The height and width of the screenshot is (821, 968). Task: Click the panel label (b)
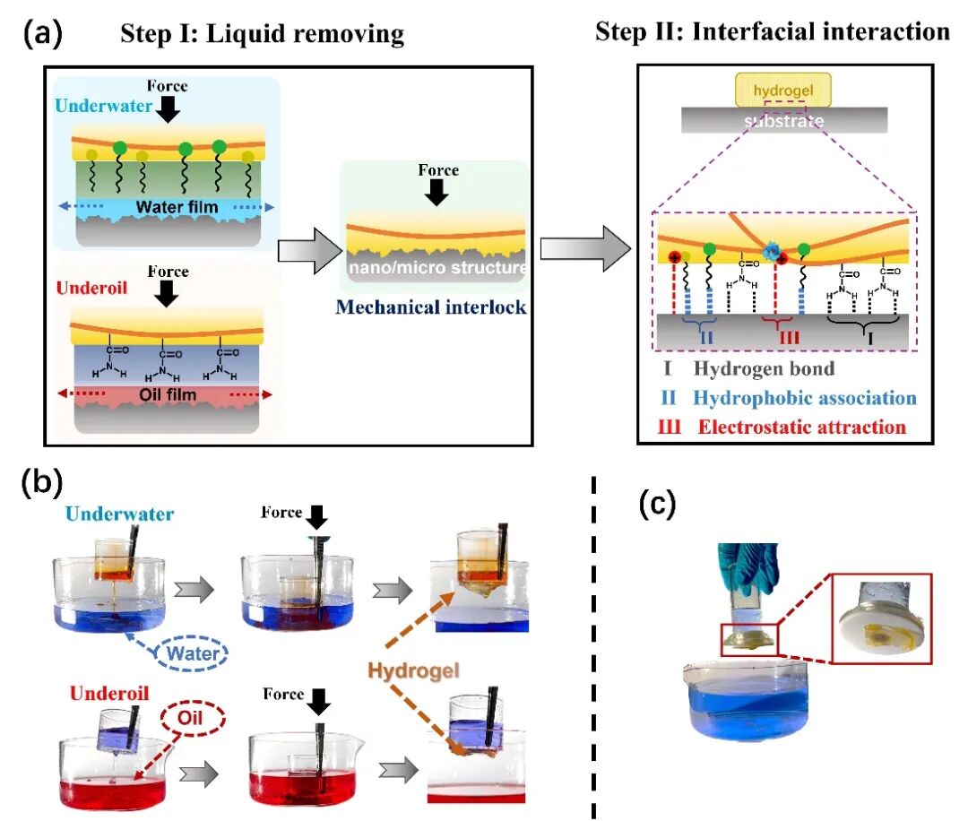[x=43, y=485]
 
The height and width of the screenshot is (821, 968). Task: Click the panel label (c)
[x=657, y=506]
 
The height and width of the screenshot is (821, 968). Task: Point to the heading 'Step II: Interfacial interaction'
[x=772, y=32]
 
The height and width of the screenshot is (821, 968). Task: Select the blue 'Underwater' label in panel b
[x=119, y=514]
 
